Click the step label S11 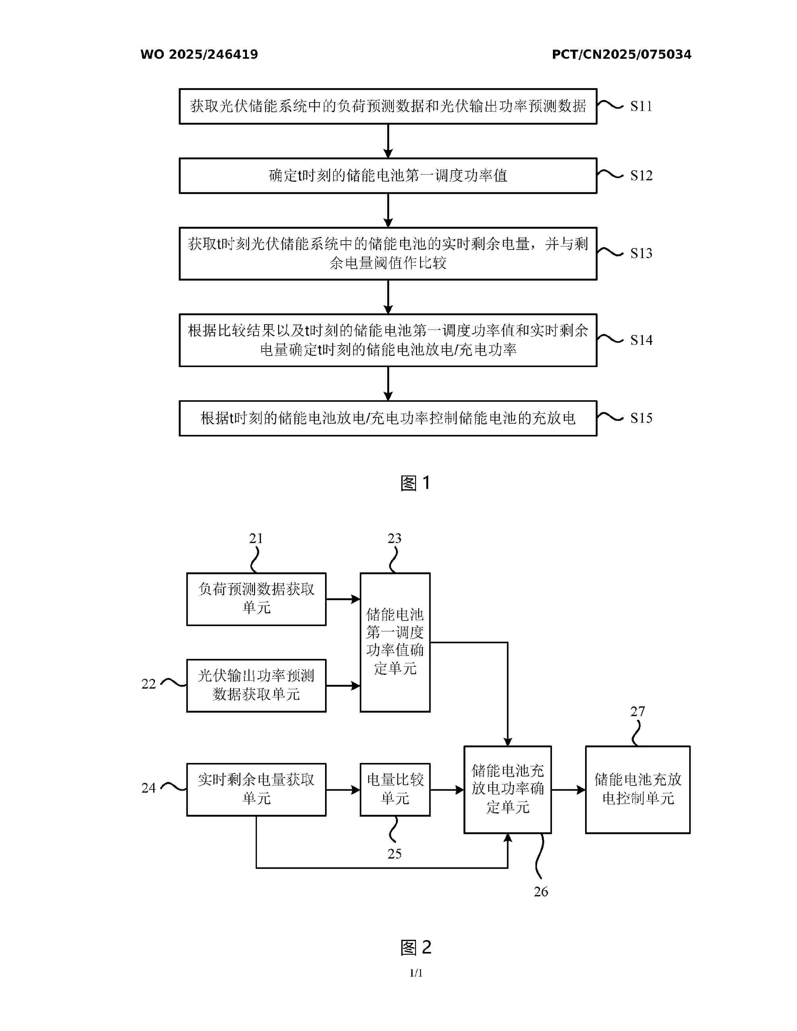tap(641, 106)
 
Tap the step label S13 tap(641, 253)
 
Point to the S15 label tap(641, 418)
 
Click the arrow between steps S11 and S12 tap(388, 141)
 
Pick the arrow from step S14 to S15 tap(388, 383)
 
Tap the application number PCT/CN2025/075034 tap(621, 54)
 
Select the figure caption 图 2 tap(415, 948)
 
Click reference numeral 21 tap(256, 538)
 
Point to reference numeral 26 tap(541, 891)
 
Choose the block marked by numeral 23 tap(395, 642)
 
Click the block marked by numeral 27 tap(637, 789)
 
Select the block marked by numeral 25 tap(395, 789)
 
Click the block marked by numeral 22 tap(256, 685)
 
